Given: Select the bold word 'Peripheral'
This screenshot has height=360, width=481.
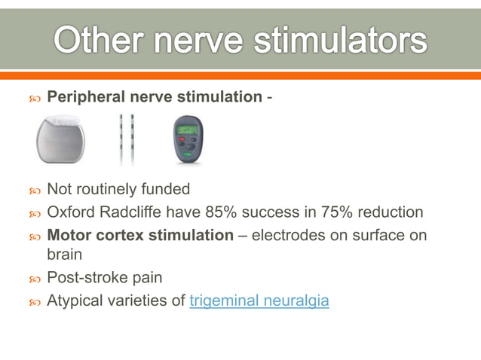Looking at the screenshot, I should pyautogui.click(x=84, y=96).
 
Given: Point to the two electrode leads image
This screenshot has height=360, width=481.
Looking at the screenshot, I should pyautogui.click(x=126, y=139).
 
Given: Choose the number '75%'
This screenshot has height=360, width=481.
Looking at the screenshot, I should pyautogui.click(x=335, y=213).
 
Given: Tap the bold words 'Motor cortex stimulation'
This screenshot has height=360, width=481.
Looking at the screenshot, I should pyautogui.click(x=140, y=235).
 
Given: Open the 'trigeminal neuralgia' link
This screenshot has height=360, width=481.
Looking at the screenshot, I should pyautogui.click(x=259, y=301).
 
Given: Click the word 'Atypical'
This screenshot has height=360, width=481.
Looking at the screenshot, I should pyautogui.click(x=77, y=301).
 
